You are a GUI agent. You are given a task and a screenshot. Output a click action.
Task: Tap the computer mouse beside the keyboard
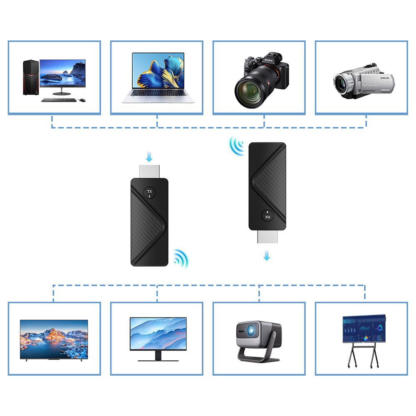pyautogui.click(x=82, y=100)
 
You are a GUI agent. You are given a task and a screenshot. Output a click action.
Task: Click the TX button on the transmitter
pyautogui.click(x=150, y=192)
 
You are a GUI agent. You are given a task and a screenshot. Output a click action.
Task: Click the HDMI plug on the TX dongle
pyautogui.click(x=150, y=171)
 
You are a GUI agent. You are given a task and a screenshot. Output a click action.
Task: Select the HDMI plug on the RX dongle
pyautogui.click(x=267, y=238)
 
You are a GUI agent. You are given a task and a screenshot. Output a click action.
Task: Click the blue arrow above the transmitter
pyautogui.click(x=150, y=157)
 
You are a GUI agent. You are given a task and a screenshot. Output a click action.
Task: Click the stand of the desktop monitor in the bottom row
pyautogui.click(x=158, y=356)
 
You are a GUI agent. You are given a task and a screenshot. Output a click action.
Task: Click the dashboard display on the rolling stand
pyautogui.click(x=363, y=329)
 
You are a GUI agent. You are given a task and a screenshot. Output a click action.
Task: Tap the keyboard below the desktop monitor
pyautogui.click(x=59, y=100)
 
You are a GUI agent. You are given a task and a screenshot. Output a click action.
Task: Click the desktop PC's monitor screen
pyautogui.click(x=62, y=73)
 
